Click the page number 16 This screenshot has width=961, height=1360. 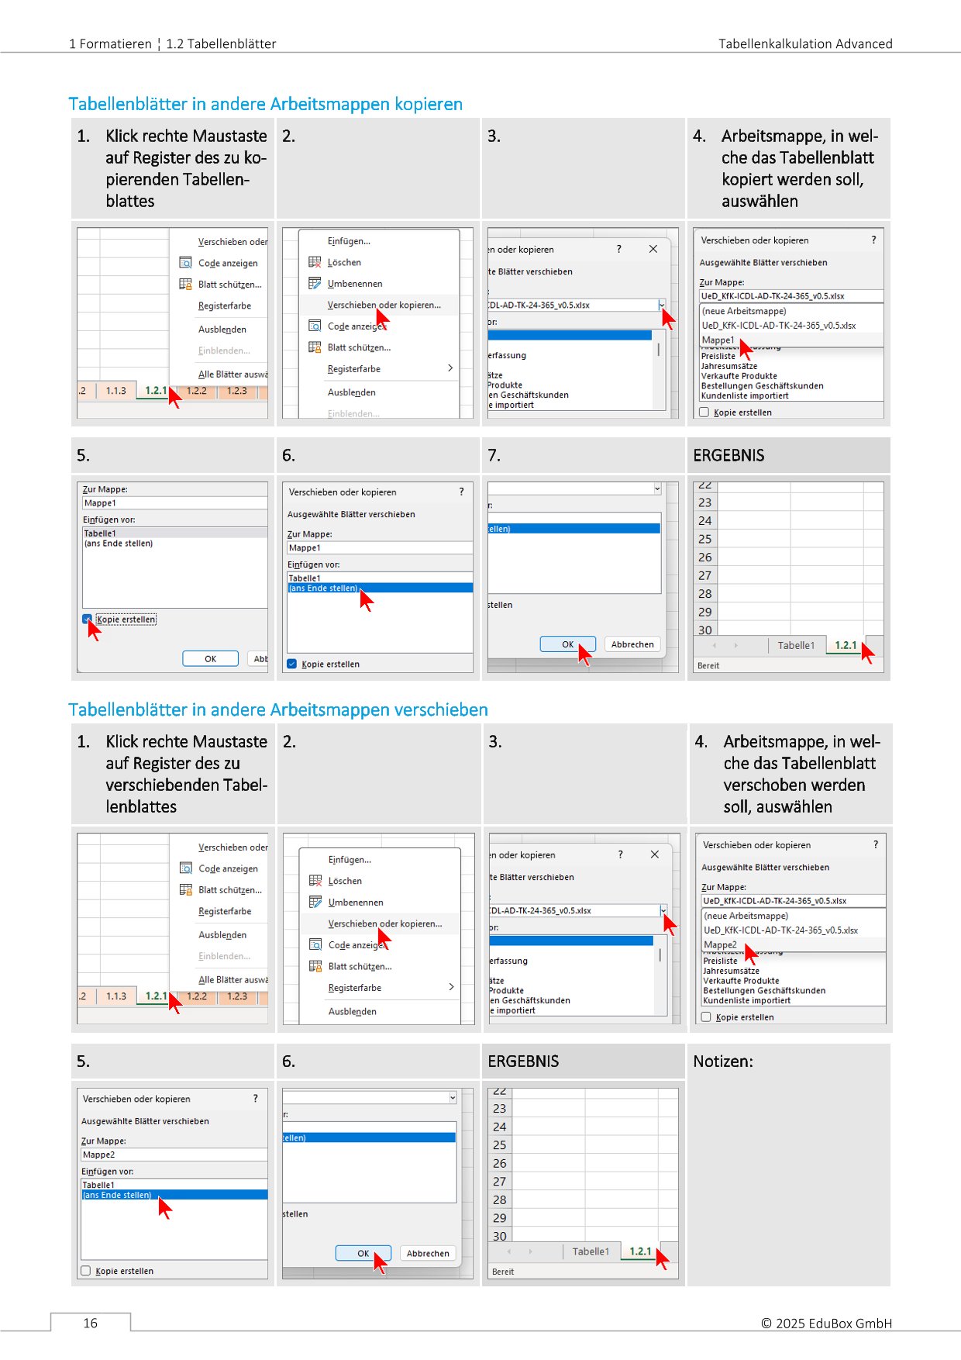90,1323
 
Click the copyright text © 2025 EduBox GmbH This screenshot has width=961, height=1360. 826,1323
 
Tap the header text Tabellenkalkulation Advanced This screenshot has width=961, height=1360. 804,43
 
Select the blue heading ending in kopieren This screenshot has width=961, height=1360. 265,104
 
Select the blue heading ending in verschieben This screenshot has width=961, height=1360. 277,709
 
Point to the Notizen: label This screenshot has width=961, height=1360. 722,1061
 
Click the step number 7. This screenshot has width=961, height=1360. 494,456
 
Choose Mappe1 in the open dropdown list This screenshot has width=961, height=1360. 718,340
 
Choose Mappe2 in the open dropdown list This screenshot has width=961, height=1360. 720,944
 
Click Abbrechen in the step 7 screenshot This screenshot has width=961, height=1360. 632,644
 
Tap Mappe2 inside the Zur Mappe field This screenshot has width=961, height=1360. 99,1155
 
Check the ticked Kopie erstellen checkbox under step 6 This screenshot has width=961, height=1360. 292,664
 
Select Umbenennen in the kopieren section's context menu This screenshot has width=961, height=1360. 355,284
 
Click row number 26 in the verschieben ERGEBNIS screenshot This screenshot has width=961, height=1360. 499,1163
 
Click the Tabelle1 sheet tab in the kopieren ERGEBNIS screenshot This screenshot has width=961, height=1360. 796,645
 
